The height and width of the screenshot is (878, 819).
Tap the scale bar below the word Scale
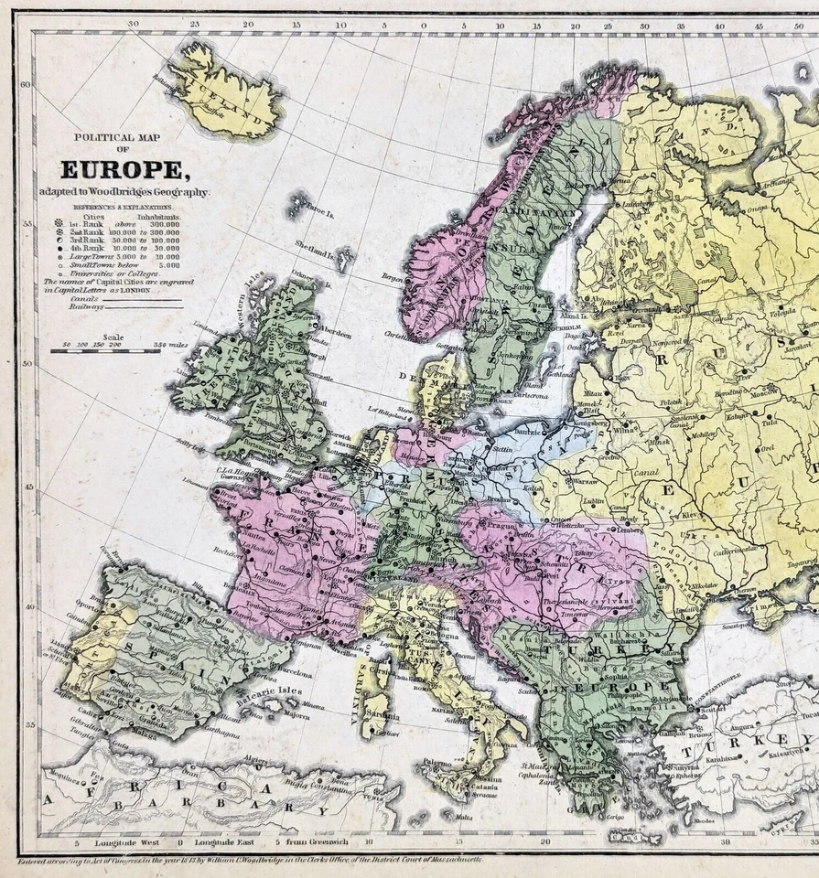coord(105,350)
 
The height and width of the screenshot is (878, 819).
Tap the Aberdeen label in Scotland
coord(335,336)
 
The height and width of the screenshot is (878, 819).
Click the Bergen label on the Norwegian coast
coord(393,276)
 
